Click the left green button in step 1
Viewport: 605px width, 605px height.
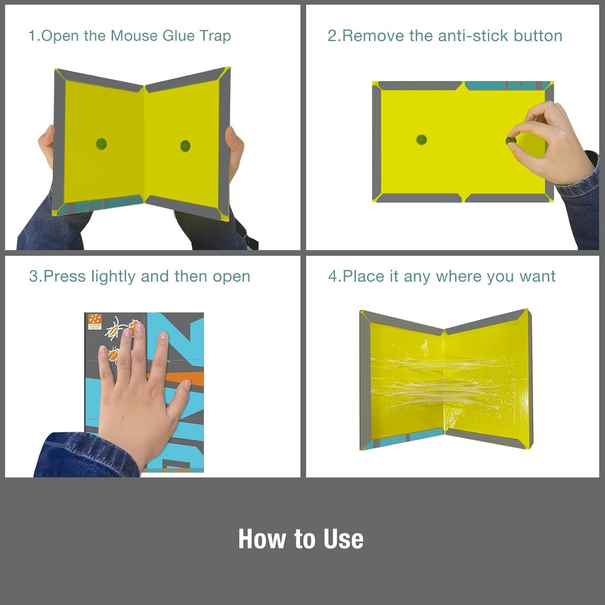coord(101,144)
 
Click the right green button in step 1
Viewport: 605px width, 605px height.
coord(185,146)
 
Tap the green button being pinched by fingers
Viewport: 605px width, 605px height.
coord(511,140)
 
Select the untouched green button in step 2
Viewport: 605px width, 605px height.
coord(422,139)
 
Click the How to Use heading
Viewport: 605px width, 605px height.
coord(301,539)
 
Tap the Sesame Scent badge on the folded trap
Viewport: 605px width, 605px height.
coord(95,322)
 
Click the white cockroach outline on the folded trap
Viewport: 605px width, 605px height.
coord(115,328)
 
